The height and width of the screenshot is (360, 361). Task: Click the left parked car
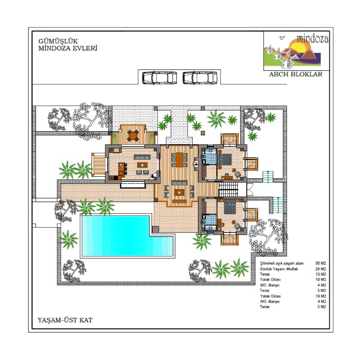tap(160, 78)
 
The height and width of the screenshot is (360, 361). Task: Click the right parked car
tap(200, 78)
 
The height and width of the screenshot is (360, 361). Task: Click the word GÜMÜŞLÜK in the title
tap(58, 41)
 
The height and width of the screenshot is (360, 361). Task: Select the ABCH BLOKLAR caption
tap(296, 74)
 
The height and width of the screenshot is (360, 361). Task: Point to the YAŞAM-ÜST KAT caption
tap(65, 320)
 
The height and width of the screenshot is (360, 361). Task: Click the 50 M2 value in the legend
tap(321, 263)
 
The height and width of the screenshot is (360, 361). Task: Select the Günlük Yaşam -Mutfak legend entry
tap(279, 268)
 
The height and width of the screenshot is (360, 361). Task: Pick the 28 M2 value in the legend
tap(321, 268)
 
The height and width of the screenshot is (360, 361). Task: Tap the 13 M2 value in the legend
tap(321, 274)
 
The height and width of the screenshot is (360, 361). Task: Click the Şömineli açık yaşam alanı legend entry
tap(282, 263)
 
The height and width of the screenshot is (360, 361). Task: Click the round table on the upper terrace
tap(133, 136)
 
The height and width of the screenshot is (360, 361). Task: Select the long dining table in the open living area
tap(179, 160)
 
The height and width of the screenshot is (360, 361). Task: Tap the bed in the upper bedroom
tap(225, 159)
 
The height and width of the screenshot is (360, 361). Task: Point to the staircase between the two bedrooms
tap(228, 189)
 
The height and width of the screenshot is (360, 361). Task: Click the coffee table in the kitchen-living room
tap(142, 165)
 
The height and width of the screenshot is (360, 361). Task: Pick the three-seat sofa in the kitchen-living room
tap(142, 157)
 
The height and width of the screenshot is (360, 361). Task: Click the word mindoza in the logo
tap(312, 39)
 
